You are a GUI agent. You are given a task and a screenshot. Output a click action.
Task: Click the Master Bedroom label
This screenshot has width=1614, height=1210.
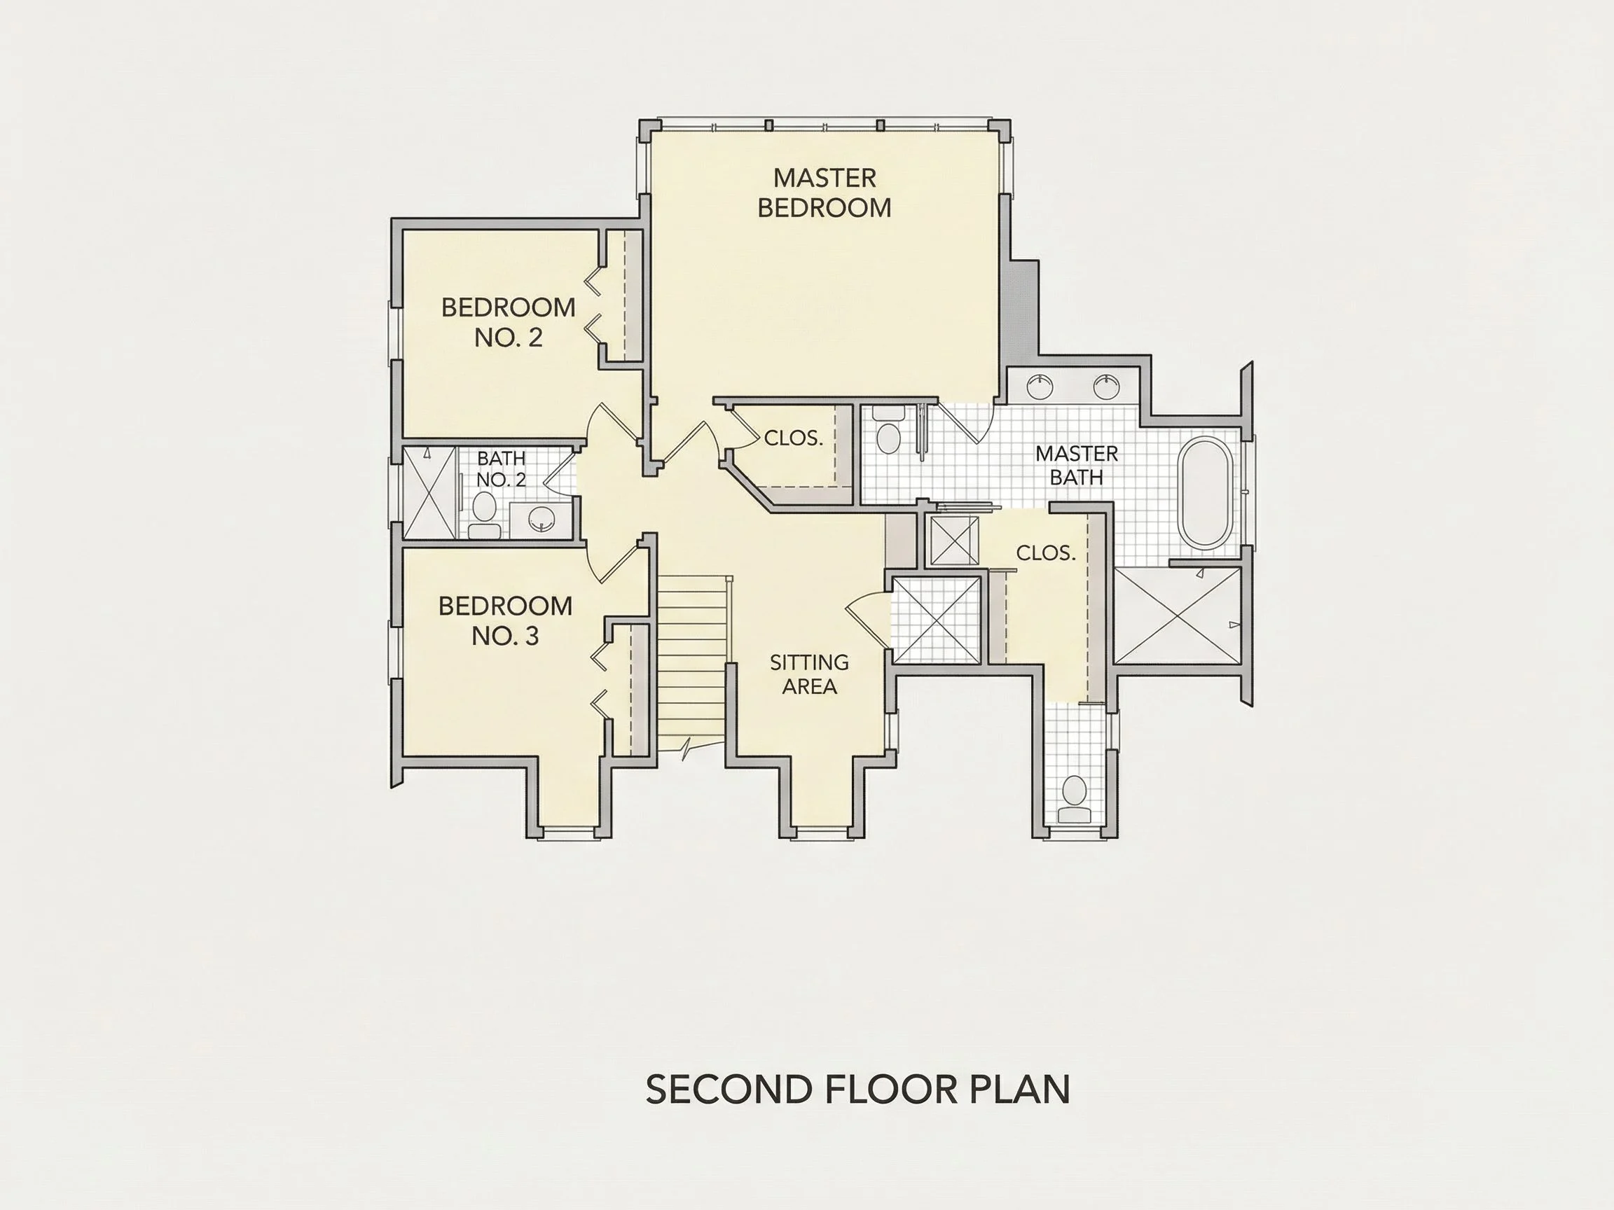[825, 193]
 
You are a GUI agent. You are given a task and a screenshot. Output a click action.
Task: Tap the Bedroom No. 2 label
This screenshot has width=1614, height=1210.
[509, 322]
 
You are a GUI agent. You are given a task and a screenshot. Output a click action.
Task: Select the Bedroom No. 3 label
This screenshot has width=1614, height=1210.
[505, 620]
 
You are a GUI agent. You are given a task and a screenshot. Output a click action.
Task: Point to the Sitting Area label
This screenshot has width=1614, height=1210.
[809, 674]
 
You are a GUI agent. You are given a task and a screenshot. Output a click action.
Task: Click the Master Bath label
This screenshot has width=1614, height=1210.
[1076, 466]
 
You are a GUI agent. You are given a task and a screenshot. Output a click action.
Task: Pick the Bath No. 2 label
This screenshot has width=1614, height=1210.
[502, 469]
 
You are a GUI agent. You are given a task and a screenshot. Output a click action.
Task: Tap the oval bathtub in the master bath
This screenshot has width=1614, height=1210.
[1206, 493]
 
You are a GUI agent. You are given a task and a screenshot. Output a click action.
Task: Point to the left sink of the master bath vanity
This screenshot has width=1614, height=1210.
[1040, 386]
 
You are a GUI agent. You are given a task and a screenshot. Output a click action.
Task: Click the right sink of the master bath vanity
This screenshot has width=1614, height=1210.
[1106, 386]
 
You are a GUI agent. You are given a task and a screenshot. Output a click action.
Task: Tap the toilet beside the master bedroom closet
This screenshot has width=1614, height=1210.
[888, 431]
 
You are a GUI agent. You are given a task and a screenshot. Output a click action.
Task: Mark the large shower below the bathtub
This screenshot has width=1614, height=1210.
[1178, 616]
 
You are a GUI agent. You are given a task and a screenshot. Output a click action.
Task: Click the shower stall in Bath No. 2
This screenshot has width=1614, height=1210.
[429, 492]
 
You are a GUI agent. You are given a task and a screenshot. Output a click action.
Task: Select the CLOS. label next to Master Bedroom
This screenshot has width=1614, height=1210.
[793, 438]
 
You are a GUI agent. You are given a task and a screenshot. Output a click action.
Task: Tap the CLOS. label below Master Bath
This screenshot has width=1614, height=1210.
[1046, 554]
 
